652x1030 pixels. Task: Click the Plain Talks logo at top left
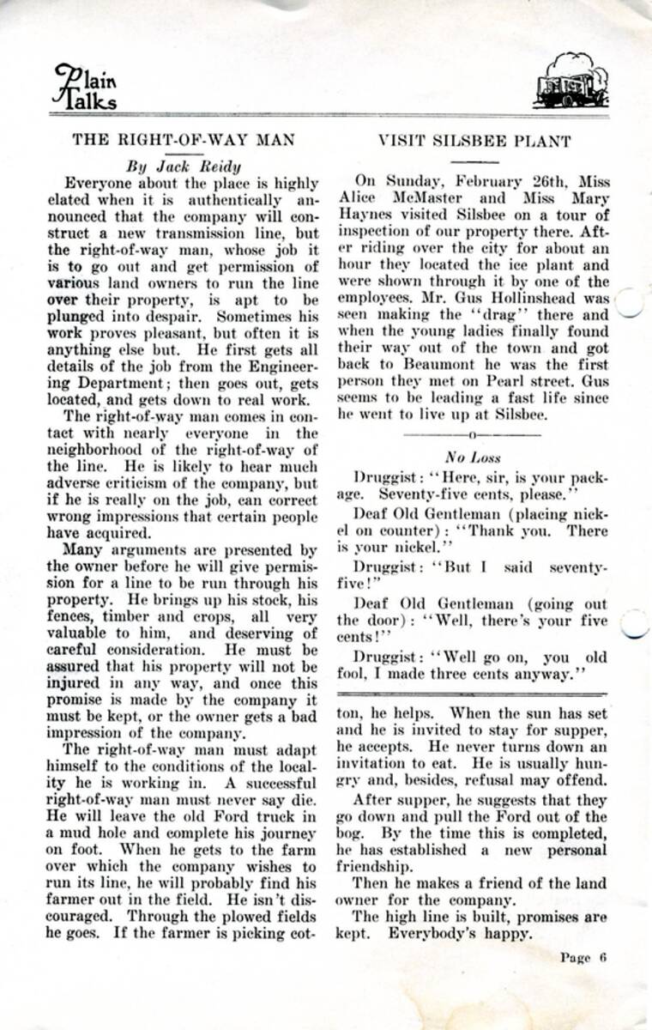click(x=87, y=87)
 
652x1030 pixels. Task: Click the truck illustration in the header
click(x=570, y=82)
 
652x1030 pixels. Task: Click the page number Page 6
click(x=584, y=958)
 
